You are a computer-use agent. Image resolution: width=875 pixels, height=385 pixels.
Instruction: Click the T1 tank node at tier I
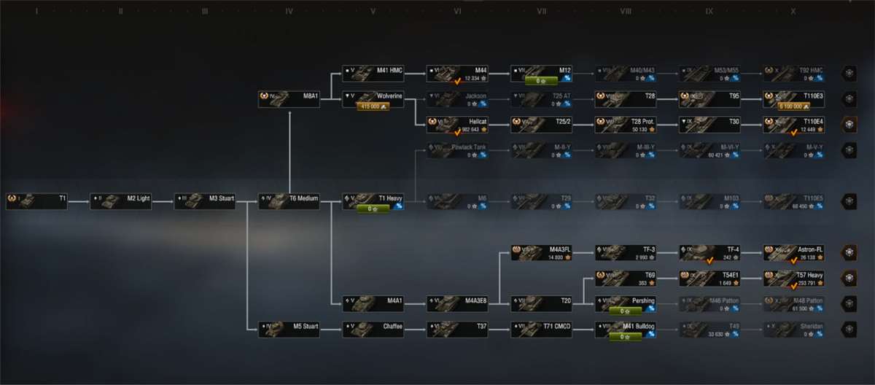[x=36, y=201]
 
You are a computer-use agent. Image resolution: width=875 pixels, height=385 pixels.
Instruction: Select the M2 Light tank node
[x=121, y=201]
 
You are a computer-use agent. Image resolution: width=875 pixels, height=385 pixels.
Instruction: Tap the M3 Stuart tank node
[x=205, y=201]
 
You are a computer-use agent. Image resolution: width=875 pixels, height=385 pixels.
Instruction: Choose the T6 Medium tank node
[x=289, y=201]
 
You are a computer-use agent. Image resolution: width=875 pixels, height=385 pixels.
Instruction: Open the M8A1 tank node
[x=289, y=99]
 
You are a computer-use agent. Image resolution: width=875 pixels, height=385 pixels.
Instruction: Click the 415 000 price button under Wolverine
[x=373, y=106]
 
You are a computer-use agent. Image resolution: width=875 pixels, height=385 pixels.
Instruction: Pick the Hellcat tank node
[x=457, y=125]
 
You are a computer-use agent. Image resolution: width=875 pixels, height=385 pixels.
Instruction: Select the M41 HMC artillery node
[x=373, y=74]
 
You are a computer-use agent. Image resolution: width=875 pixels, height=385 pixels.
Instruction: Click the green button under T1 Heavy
[x=373, y=209]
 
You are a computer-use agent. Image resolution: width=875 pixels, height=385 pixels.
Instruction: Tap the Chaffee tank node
[x=373, y=330]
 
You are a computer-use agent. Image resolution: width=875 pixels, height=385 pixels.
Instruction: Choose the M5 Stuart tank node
[x=289, y=330]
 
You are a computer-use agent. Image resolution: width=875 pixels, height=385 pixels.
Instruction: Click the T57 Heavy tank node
[x=794, y=279]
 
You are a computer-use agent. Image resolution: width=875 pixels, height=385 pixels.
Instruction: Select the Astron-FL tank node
[x=794, y=253]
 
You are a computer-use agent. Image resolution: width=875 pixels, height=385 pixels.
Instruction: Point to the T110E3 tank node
[x=794, y=99]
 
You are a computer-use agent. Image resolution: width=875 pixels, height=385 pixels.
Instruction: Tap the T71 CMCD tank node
[x=542, y=330]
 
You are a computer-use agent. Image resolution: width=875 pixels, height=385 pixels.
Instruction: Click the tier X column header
[x=793, y=12]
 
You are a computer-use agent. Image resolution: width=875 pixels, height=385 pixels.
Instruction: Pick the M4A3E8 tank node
[x=457, y=304]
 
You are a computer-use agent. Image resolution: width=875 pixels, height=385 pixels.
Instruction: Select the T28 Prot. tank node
[x=626, y=125]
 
